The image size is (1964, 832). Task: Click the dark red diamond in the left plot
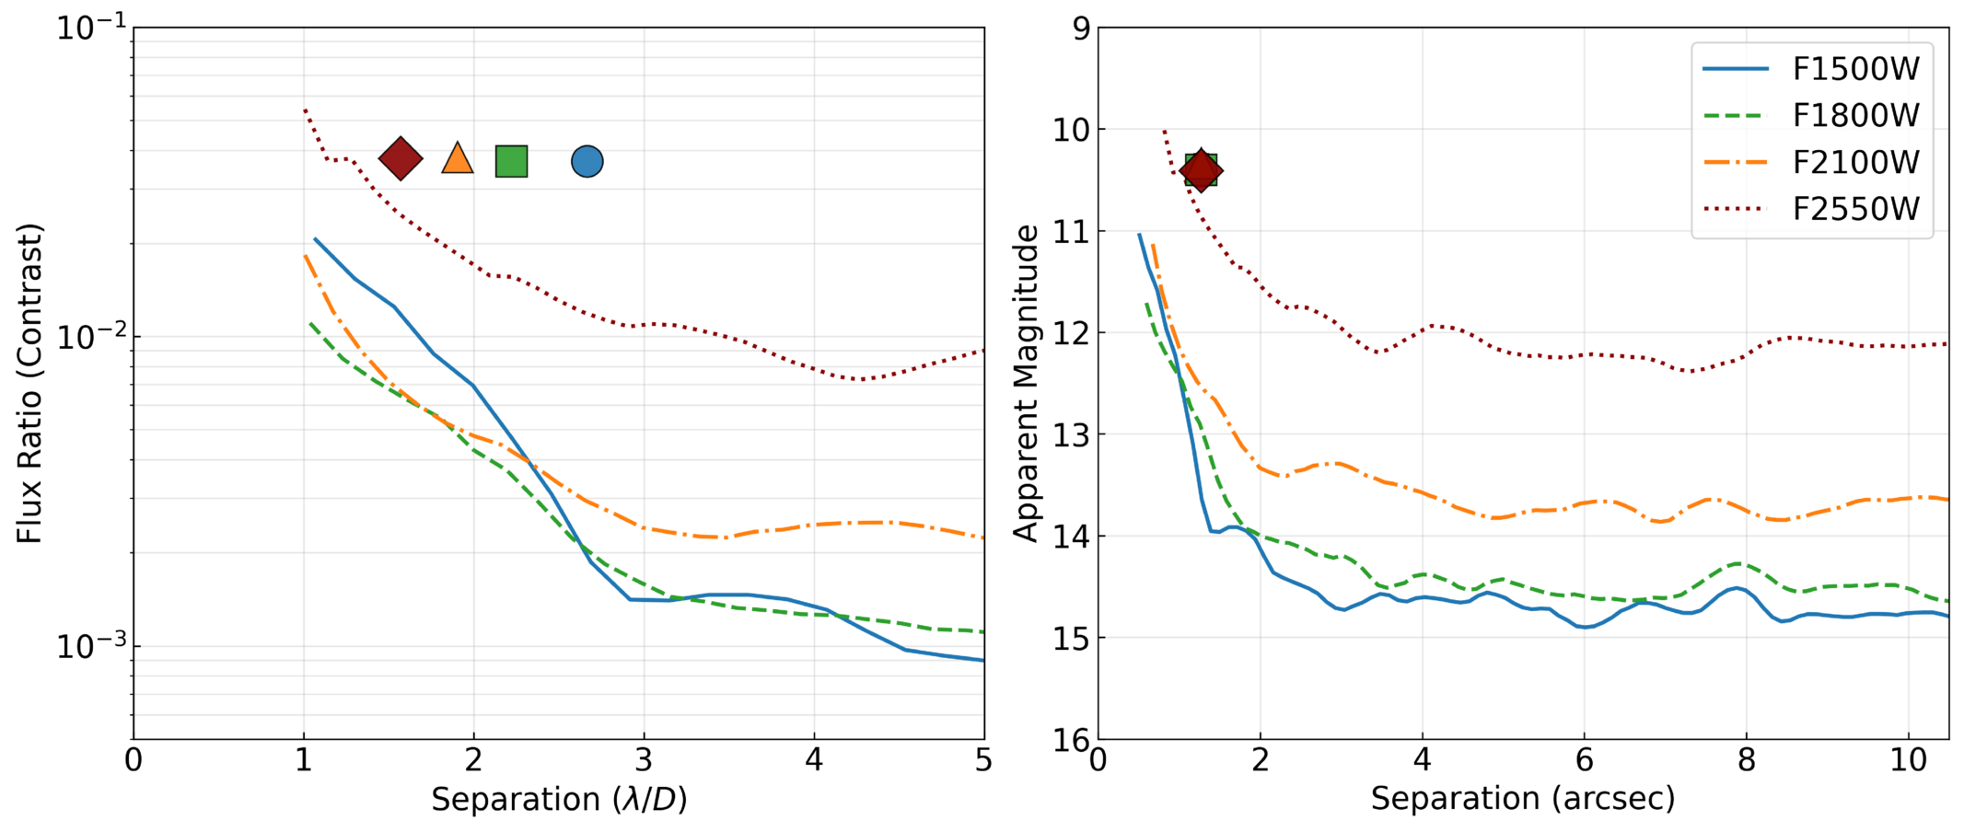401,158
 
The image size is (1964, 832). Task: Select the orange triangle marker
458,158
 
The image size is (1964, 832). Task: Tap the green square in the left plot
512,161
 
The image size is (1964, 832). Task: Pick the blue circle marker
587,162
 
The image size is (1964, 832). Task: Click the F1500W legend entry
1812,68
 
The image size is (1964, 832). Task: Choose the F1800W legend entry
1812,115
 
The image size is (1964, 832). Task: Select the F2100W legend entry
1812,162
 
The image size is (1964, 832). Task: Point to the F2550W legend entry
1812,209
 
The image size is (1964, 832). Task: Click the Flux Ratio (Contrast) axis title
29,383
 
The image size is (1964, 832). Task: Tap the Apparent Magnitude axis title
1026,383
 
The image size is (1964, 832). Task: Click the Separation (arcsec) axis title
1523,799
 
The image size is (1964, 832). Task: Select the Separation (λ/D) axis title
559,799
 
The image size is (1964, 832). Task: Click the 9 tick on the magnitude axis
1081,29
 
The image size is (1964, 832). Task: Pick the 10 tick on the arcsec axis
1909,760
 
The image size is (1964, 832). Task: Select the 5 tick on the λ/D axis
984,760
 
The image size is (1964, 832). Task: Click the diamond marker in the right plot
1201,169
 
